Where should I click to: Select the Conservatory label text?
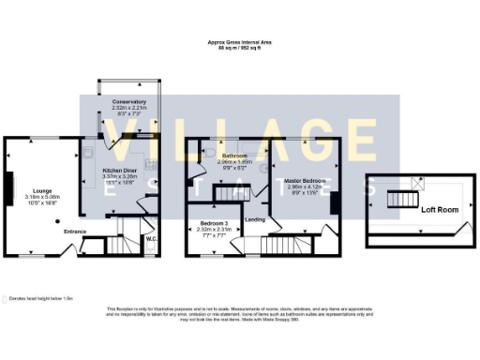[128, 101]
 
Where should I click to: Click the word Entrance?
[76, 231]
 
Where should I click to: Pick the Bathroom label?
[233, 155]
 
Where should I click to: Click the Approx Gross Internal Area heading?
[240, 41]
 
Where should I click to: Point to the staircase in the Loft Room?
[400, 200]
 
